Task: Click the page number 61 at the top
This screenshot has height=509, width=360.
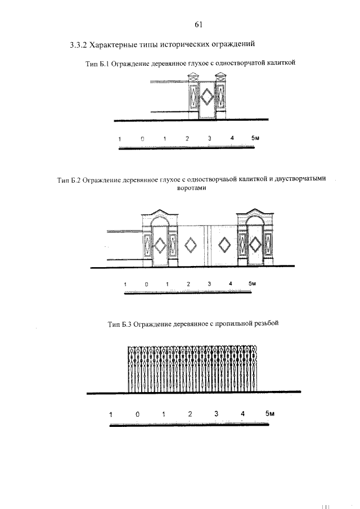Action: click(198, 24)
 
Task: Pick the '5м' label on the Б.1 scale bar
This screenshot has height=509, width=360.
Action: click(255, 138)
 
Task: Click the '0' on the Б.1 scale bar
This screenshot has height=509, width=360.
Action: click(142, 138)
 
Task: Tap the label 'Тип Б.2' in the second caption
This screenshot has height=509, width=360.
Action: click(70, 181)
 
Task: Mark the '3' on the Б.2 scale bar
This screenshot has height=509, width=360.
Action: click(209, 283)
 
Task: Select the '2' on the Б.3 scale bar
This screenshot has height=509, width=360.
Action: click(190, 415)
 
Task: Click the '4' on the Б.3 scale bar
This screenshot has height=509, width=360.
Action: click(242, 415)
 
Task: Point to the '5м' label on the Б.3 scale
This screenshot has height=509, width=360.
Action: click(269, 415)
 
